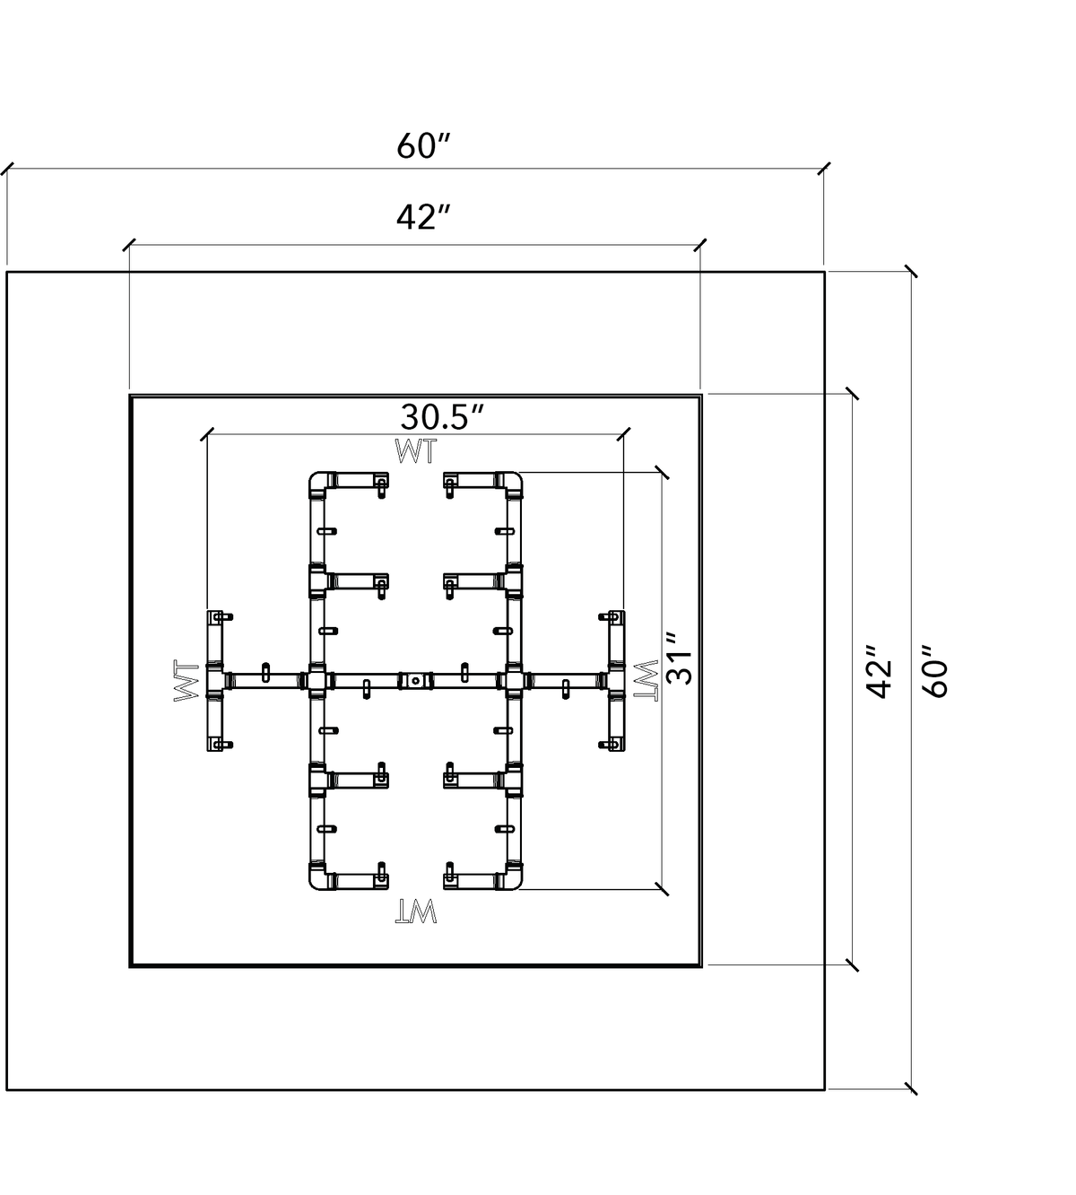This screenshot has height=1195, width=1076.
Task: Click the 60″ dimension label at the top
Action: coord(422,146)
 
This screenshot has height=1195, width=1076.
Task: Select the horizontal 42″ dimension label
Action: coord(422,217)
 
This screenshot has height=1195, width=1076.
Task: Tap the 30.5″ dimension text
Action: coord(442,416)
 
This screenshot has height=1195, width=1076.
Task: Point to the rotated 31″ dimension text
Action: coord(680,659)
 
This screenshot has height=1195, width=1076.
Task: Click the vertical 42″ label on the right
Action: coord(879,671)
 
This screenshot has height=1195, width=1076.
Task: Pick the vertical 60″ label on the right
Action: coord(935,671)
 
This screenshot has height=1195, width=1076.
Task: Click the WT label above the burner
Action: coord(416,451)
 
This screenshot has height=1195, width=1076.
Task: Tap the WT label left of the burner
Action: coord(186,680)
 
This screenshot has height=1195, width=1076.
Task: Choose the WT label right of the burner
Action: coord(646,680)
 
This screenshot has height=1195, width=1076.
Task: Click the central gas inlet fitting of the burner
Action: coord(416,680)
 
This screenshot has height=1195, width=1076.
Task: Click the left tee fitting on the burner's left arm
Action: coord(214,680)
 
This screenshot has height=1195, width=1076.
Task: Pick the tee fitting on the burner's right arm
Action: coord(617,680)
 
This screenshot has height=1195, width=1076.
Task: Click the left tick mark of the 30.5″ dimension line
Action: coord(207,433)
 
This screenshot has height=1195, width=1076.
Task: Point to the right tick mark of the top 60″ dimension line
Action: coord(824,168)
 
